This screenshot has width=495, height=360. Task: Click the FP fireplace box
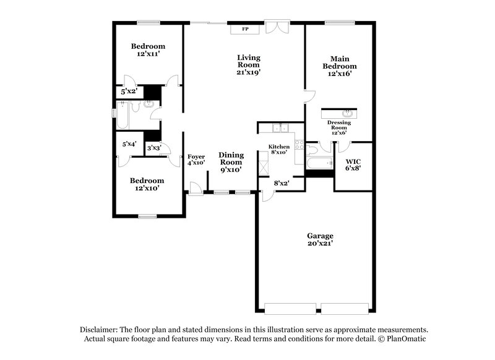[x=244, y=29]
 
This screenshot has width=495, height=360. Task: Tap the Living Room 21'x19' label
[x=249, y=65]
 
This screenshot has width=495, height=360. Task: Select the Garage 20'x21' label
[x=321, y=240]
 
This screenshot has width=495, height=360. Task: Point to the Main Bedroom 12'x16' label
[x=340, y=66]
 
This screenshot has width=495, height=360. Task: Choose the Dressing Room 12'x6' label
[x=338, y=127]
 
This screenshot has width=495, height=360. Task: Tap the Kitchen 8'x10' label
[x=279, y=150]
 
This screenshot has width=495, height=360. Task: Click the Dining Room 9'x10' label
[x=230, y=162]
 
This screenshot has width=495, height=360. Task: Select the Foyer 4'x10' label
[x=196, y=160]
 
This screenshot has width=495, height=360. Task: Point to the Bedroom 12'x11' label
[x=148, y=50]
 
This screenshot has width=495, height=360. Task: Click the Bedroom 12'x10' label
[x=147, y=184]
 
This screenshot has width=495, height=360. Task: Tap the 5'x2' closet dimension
[x=129, y=92]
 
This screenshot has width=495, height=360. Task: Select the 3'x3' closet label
[x=153, y=148]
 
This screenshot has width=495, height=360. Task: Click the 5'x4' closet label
[x=129, y=144]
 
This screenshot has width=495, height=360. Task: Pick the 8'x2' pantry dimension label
[x=282, y=183]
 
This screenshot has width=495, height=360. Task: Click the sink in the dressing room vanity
[x=347, y=113]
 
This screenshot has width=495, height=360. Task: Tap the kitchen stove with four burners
[x=299, y=146]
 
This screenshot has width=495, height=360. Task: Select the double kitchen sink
[x=282, y=129]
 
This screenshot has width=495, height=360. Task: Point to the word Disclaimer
[x=100, y=330]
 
